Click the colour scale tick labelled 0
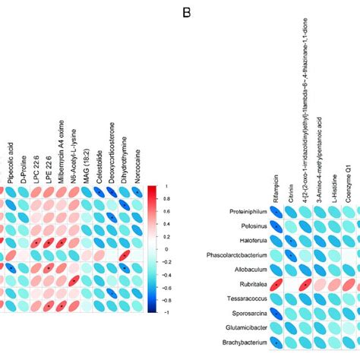(175, 248)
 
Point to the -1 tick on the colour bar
(175, 311)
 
